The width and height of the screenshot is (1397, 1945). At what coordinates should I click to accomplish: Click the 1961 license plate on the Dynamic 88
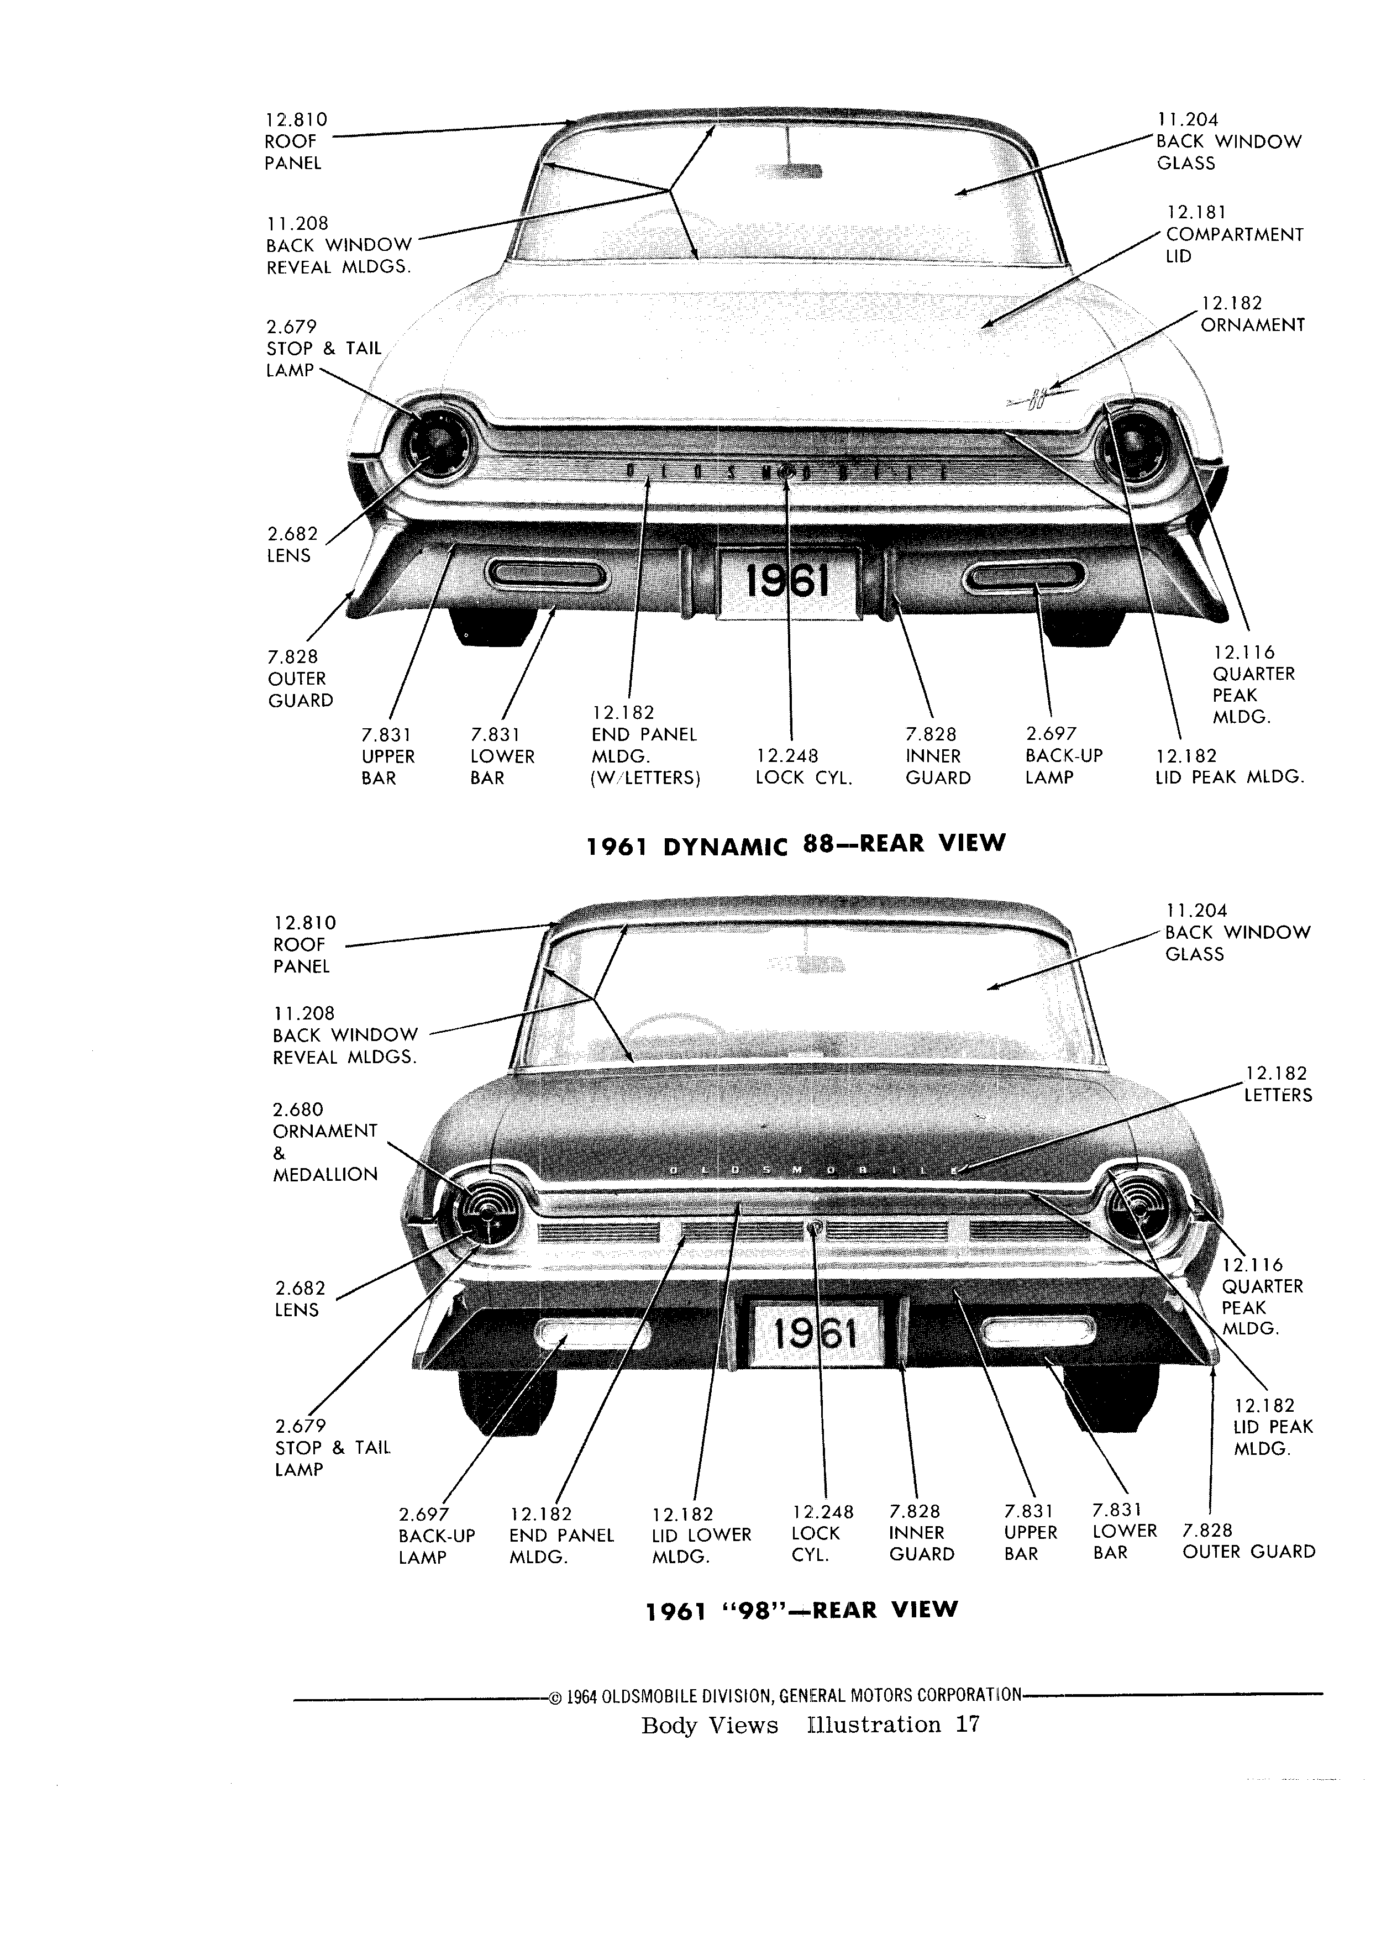click(788, 582)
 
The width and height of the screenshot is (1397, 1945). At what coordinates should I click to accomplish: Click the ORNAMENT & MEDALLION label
click(325, 1142)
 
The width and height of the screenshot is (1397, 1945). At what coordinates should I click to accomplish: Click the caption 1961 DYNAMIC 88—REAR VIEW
click(795, 845)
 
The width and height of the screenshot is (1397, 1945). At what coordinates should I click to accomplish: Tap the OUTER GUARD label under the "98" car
click(1249, 1552)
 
